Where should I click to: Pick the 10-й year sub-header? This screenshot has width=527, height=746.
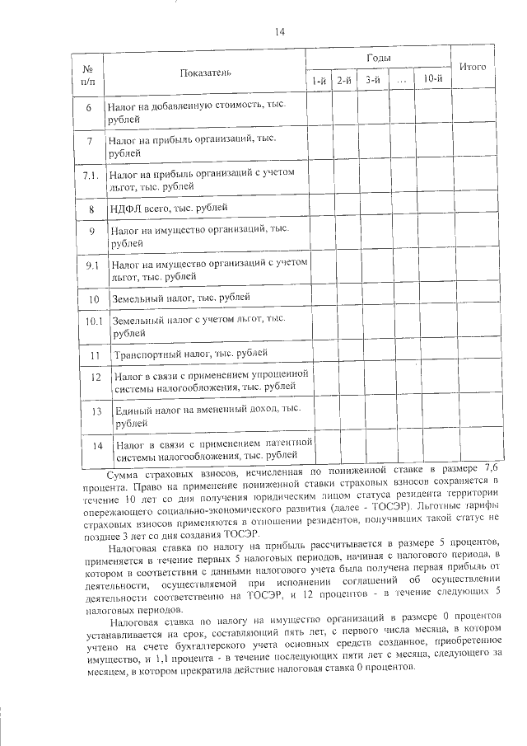[431, 79]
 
